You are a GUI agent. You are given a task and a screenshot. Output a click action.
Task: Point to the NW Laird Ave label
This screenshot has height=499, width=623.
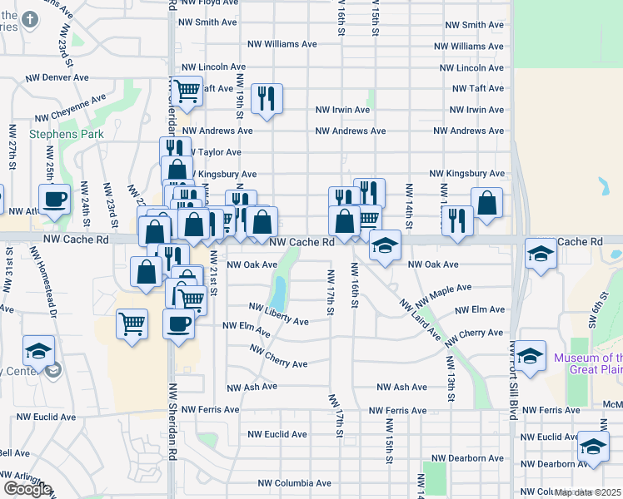(x=420, y=319)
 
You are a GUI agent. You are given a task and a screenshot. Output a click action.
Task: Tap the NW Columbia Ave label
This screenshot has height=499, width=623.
(x=294, y=482)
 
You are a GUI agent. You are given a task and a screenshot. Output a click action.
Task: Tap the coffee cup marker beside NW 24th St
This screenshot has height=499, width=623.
(x=55, y=200)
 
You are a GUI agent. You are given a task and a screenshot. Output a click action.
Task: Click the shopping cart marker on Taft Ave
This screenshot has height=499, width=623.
(x=187, y=90)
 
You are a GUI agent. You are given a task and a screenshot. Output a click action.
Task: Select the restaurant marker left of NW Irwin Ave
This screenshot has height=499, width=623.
(x=267, y=98)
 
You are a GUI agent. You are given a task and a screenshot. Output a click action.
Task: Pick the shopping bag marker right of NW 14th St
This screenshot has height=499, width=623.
(x=486, y=202)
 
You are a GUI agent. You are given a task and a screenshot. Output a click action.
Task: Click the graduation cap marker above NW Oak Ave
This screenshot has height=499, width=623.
(x=384, y=245)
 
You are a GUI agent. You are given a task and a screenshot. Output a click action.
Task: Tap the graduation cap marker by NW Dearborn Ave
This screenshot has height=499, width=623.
(x=592, y=447)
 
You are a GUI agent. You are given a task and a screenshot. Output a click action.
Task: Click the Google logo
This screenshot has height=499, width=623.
(x=27, y=489)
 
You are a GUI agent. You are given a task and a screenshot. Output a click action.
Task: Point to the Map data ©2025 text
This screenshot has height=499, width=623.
(x=588, y=492)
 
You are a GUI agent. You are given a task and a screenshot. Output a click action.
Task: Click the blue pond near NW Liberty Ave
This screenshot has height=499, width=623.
(x=277, y=293)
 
